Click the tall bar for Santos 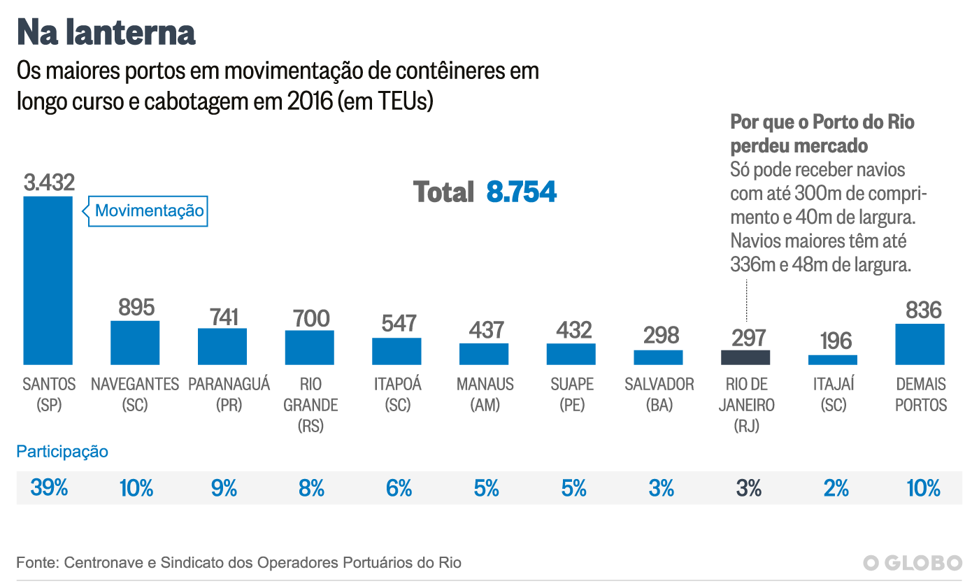[48, 280]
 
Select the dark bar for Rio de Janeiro [745, 357]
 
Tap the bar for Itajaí [832, 359]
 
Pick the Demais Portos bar [920, 344]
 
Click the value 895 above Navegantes [136, 307]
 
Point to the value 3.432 [48, 183]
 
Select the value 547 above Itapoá [399, 323]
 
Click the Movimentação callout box [149, 210]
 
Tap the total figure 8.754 [521, 192]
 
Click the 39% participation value [49, 487]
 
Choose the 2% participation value [836, 487]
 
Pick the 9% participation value [224, 487]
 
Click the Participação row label [62, 451]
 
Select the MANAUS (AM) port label [485, 394]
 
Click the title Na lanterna [106, 32]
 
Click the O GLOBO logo [912, 563]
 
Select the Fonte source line [238, 562]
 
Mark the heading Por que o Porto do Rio [822, 122]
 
